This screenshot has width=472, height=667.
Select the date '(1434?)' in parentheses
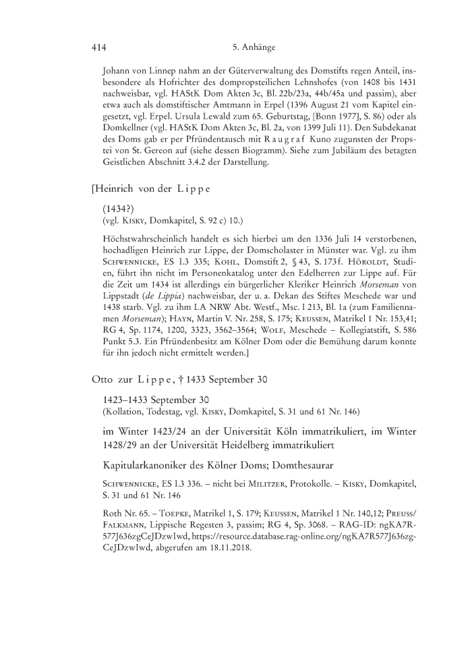(117, 209)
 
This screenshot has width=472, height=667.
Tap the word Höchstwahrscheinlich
(147, 240)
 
